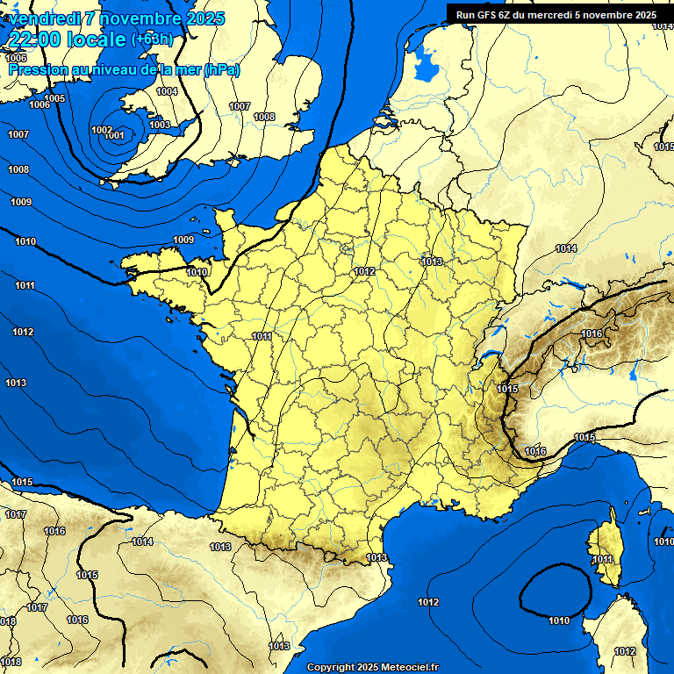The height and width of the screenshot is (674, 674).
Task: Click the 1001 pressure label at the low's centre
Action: tap(115, 136)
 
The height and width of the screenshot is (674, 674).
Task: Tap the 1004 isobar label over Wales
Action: tap(167, 91)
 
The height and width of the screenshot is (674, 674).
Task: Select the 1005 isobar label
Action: tap(54, 98)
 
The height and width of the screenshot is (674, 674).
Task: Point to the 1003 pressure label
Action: tap(160, 125)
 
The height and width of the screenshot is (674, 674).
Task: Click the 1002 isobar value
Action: tap(101, 130)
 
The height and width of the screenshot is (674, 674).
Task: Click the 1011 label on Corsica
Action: tap(602, 559)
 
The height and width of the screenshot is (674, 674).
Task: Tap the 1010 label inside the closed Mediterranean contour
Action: tap(558, 620)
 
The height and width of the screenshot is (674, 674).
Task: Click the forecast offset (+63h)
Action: tap(152, 39)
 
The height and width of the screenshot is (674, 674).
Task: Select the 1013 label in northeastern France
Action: tap(431, 262)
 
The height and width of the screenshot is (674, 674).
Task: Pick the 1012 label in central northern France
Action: tap(365, 271)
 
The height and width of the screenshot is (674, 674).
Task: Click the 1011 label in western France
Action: tap(261, 336)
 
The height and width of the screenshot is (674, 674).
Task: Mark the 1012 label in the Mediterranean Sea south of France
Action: tap(428, 602)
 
